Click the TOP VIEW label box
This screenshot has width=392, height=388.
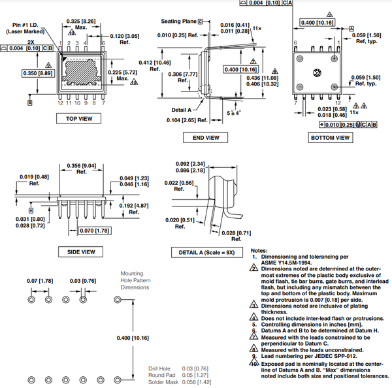78,118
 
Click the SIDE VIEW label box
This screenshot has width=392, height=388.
82,252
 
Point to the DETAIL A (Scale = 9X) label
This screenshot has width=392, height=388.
206,252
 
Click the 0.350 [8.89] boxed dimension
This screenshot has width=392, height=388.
39,73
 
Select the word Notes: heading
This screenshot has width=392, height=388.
259,250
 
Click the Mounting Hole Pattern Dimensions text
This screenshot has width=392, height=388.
137,281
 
